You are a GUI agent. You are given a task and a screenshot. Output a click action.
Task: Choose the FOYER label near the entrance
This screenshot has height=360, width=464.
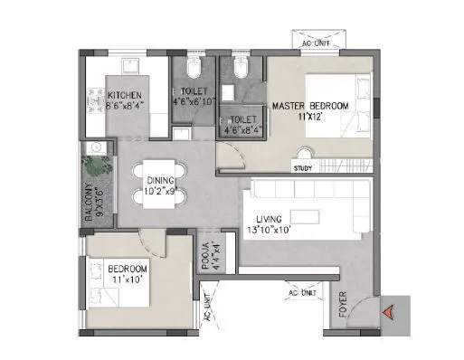point(342,312)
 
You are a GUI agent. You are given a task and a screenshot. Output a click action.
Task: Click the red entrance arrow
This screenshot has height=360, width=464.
point(387,312)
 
